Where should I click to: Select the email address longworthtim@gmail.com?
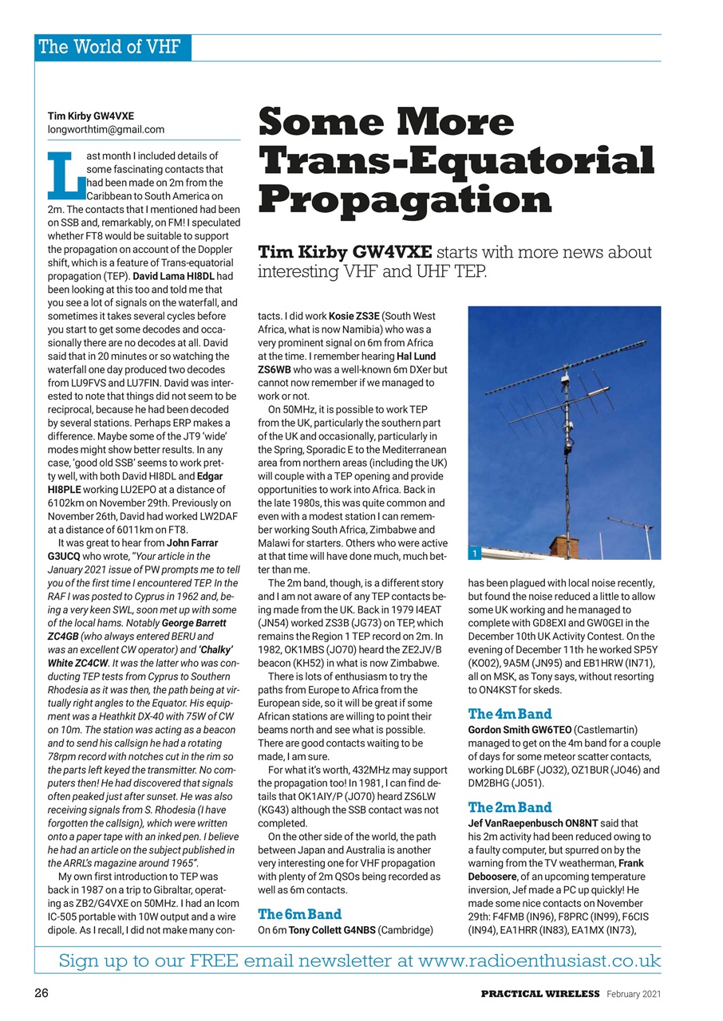pyautogui.click(x=106, y=128)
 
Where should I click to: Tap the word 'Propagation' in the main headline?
pyautogui.click(x=405, y=199)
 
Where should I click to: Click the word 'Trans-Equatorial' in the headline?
pyautogui.click(x=456, y=161)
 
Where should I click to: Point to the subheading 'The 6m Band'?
pyautogui.click(x=299, y=913)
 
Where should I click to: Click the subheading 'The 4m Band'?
pyautogui.click(x=510, y=714)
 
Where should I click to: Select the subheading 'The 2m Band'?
pyautogui.click(x=510, y=807)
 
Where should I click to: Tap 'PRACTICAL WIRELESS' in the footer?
pyautogui.click(x=539, y=993)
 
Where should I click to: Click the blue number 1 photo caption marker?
pyautogui.click(x=474, y=553)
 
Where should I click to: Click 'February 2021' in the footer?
pyautogui.click(x=633, y=993)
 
